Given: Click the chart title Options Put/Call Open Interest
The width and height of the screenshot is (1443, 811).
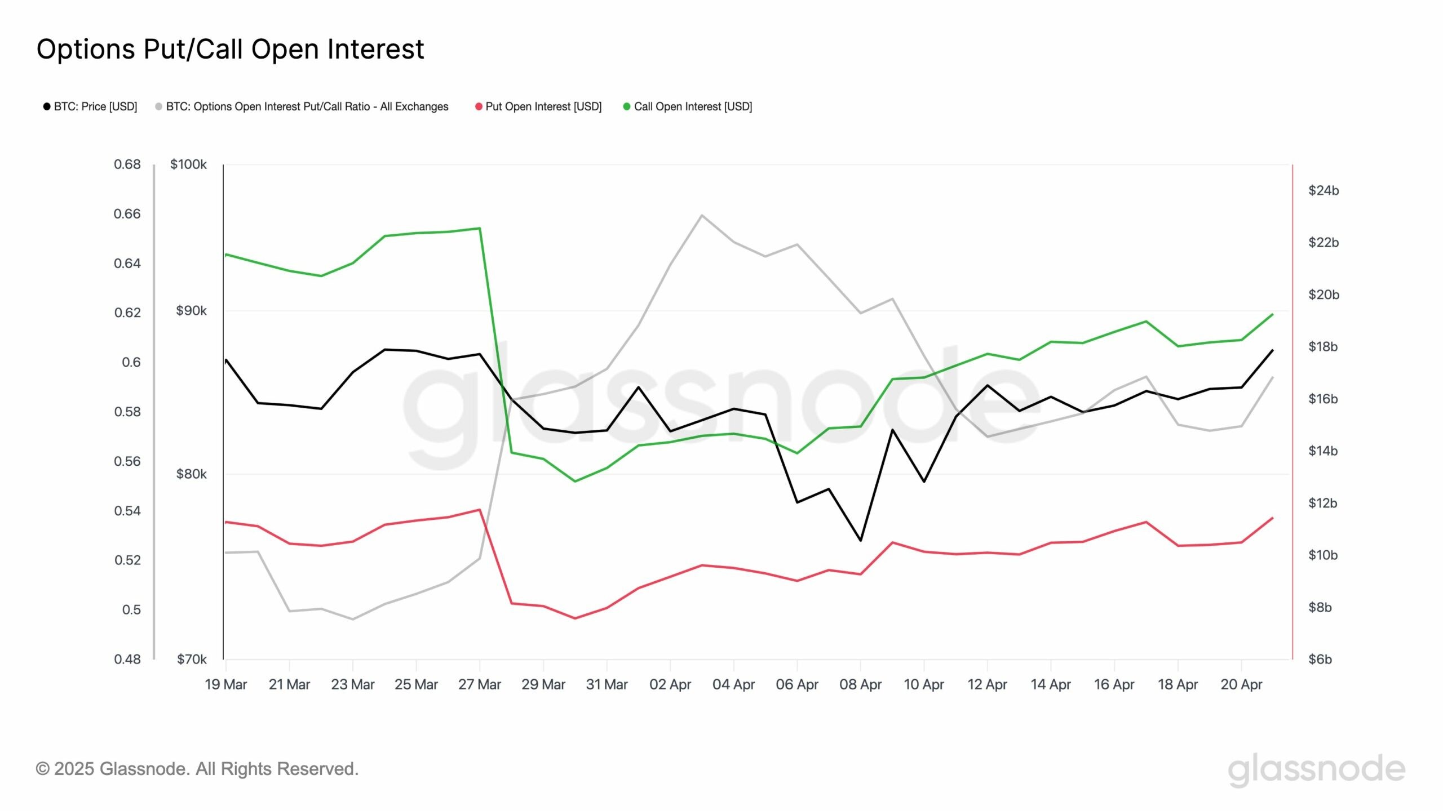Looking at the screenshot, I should point(230,50).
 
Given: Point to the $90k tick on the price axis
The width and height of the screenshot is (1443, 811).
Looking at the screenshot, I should point(191,311).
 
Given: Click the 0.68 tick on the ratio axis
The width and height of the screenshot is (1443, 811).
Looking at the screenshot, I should point(127,164).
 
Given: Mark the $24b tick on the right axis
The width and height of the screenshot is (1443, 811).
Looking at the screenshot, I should point(1324,190).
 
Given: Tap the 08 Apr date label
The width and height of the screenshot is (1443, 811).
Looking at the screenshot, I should point(860,685).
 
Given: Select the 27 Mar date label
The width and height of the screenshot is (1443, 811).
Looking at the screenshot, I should point(479,685).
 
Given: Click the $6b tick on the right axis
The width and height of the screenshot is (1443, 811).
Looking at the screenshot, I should point(1320,659).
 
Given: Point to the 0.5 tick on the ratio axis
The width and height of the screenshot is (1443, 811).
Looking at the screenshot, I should point(131,609).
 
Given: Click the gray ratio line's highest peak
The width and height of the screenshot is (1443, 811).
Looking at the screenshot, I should point(701,215).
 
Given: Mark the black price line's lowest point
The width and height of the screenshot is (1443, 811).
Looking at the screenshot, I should point(860,541).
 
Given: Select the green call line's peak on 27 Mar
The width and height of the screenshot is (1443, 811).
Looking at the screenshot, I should point(480,228).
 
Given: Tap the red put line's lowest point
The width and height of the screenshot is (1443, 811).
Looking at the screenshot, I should point(575,618).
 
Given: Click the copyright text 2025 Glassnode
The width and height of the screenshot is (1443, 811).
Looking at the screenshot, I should point(197,769).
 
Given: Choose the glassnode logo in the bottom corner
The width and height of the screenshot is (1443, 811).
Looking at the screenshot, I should point(1316,770).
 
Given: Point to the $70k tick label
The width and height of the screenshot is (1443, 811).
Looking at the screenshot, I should point(192,659).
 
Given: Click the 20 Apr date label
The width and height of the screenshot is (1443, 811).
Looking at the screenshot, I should point(1241,685).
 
